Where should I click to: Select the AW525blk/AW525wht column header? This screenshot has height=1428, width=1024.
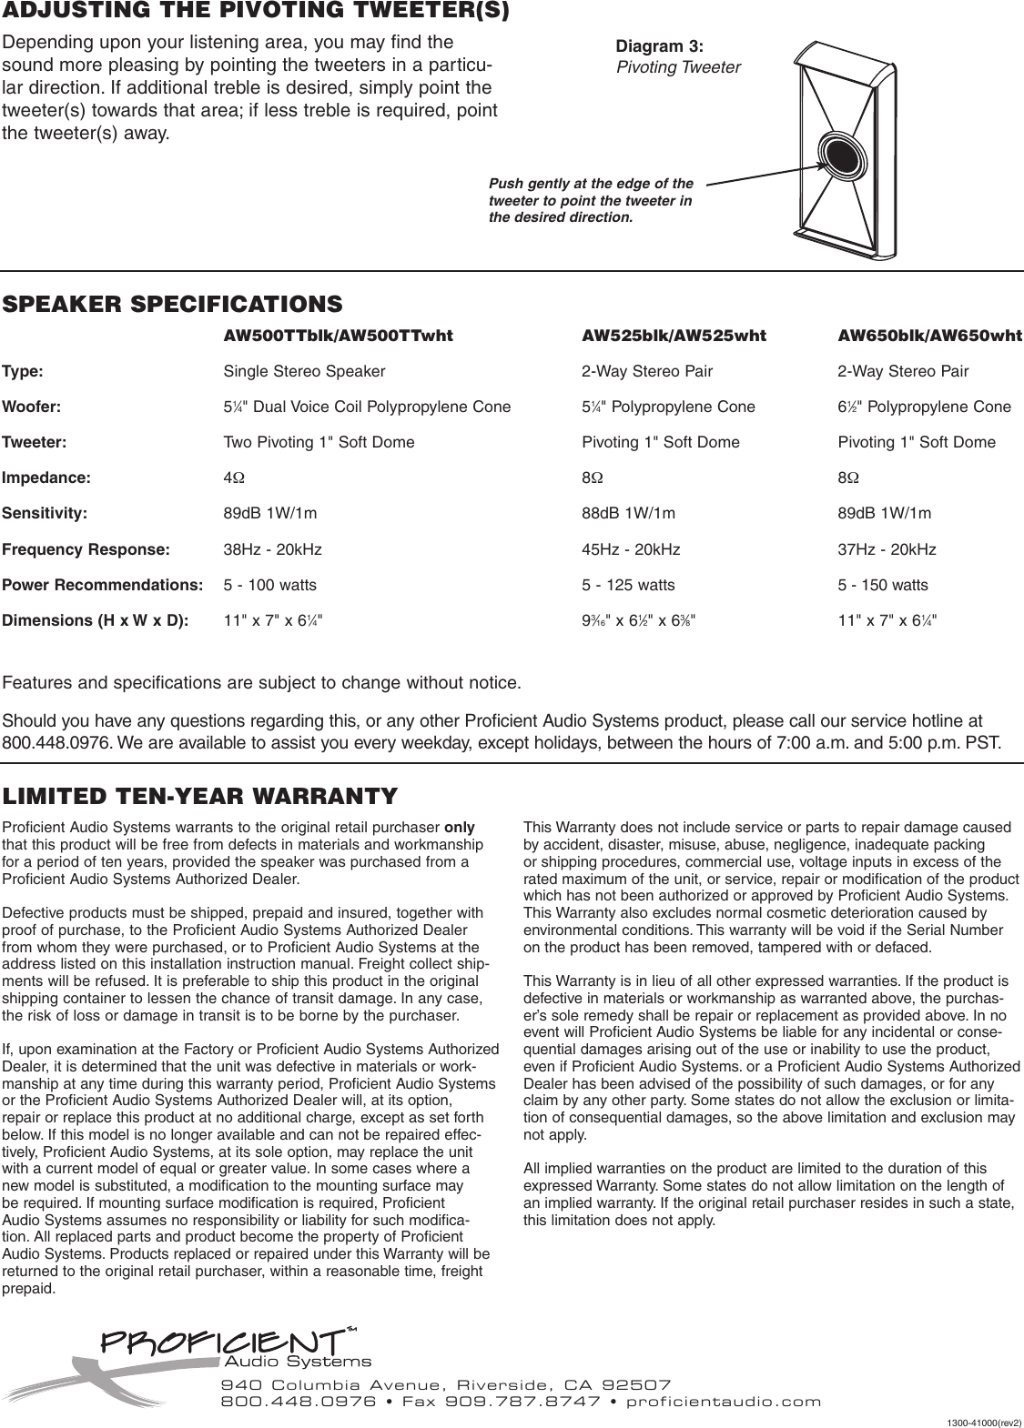coord(674,336)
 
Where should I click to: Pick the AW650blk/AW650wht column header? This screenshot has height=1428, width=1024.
coord(929,336)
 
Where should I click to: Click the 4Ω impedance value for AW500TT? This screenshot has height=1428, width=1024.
coord(233,478)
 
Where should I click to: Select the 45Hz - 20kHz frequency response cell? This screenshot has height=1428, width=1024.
coord(631,549)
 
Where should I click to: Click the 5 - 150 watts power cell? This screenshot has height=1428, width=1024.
coord(883,585)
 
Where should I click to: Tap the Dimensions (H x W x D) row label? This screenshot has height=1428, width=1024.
coord(96,621)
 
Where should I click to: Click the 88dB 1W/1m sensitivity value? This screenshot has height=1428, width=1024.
coord(628,513)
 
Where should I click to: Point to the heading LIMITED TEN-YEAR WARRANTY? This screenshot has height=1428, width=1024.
coord(200,797)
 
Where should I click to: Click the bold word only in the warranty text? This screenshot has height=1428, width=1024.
coord(459,828)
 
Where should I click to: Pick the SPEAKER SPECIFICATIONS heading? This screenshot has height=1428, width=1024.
coord(173,303)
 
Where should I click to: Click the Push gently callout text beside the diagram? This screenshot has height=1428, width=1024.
coord(592,201)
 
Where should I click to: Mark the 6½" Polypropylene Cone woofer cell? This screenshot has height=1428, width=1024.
coord(924,407)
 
